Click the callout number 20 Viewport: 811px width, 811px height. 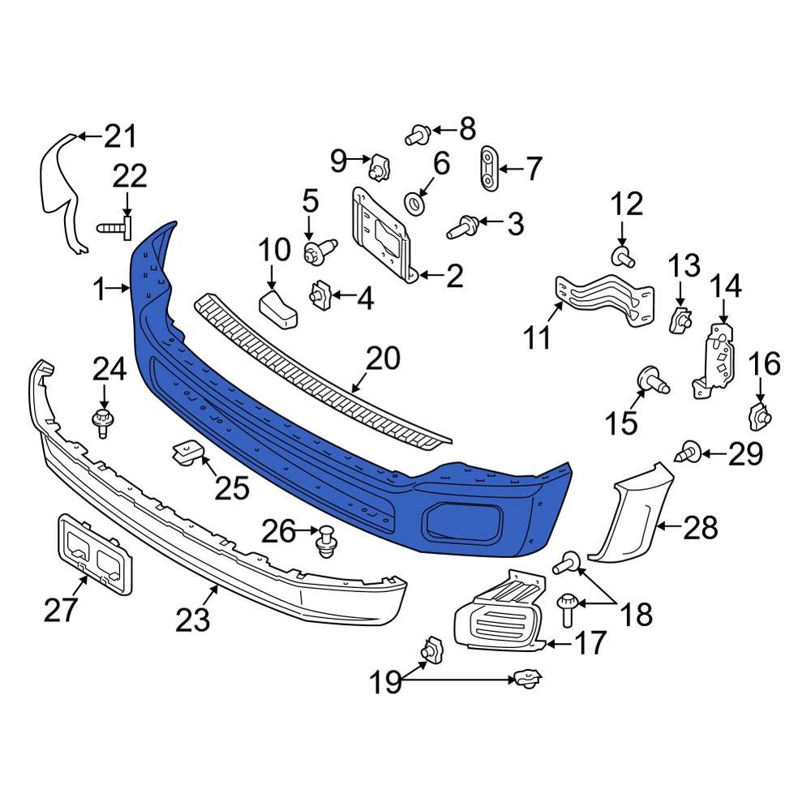(x=383, y=358)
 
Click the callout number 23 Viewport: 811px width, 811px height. (x=193, y=620)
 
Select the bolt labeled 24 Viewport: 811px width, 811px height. (x=102, y=422)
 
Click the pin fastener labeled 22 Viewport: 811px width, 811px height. (x=116, y=228)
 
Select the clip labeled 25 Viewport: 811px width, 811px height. (x=186, y=452)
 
